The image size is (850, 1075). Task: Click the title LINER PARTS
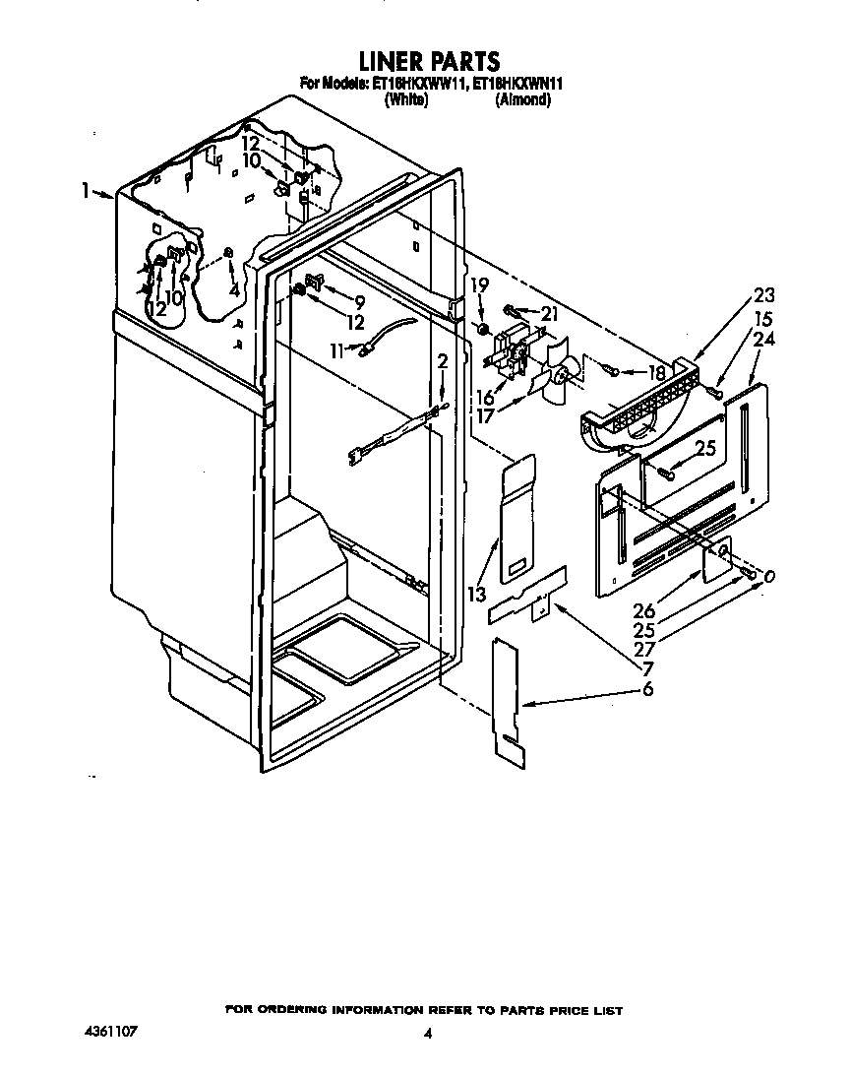(429, 62)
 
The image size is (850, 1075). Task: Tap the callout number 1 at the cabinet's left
(88, 190)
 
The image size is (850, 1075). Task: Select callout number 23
(763, 294)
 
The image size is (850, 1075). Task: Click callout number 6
(647, 690)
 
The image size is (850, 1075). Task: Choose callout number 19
(479, 286)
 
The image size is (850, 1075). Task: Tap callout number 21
(549, 313)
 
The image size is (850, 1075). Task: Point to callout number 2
(443, 363)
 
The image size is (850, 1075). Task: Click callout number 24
(763, 341)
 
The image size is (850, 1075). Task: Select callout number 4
(233, 290)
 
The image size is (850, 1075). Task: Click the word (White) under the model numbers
(405, 99)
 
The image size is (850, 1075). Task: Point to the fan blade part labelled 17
(554, 379)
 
